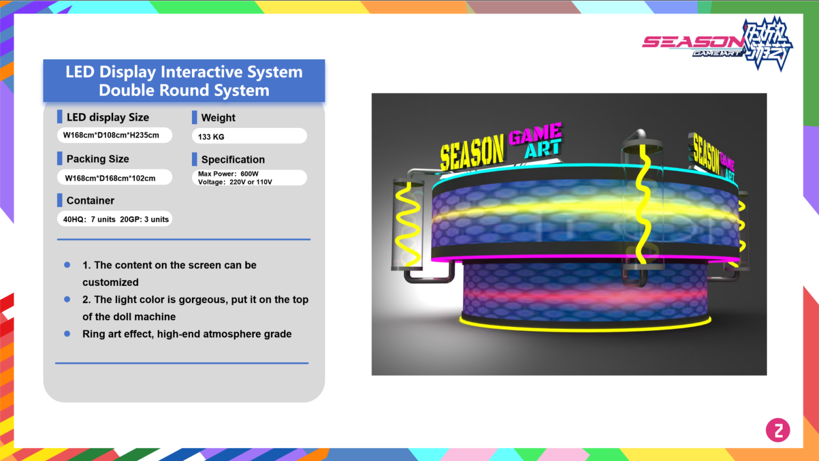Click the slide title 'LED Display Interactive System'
click(184, 72)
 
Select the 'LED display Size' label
click(107, 117)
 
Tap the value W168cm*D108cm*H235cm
click(111, 136)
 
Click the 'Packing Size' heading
click(98, 159)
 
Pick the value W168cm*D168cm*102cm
click(110, 178)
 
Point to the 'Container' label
click(90, 201)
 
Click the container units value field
click(116, 219)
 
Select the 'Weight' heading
click(218, 118)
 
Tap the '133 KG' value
click(211, 137)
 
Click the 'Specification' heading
click(232, 160)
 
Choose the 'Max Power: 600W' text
click(228, 174)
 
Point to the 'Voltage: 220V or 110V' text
click(235, 182)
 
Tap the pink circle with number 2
click(778, 430)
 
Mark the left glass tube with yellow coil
click(408, 224)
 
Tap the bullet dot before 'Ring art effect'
click(67, 334)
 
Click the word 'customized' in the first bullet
click(110, 282)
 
